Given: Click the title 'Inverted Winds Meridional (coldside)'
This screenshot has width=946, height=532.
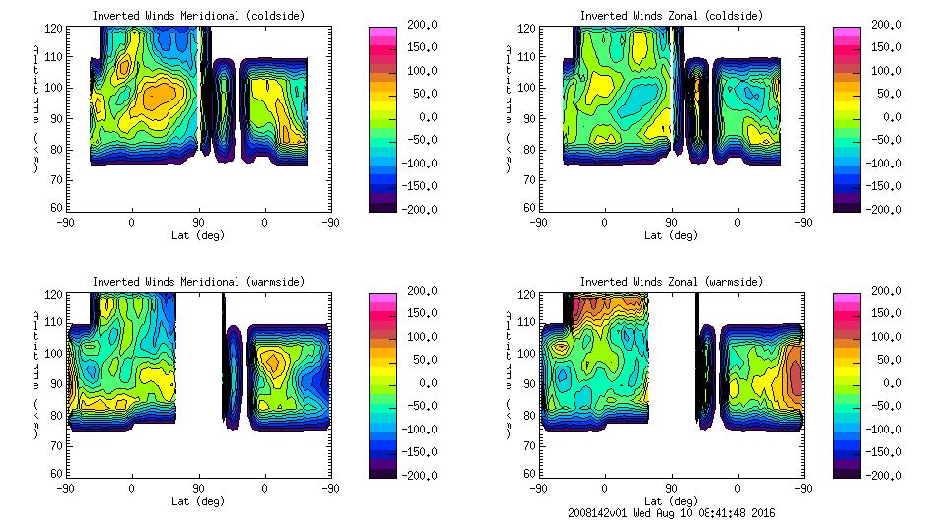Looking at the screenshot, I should pyautogui.click(x=198, y=16).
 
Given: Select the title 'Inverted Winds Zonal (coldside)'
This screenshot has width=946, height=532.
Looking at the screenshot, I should pyautogui.click(x=670, y=16).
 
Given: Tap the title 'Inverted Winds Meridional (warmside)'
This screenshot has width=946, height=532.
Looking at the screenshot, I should pyautogui.click(x=198, y=282).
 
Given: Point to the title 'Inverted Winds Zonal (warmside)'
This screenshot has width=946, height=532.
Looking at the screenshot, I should pyautogui.click(x=670, y=282).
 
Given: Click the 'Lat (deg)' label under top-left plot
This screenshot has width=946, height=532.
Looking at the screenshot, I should pyautogui.click(x=198, y=235).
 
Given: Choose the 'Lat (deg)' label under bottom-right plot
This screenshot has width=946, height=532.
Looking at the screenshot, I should pyautogui.click(x=670, y=501).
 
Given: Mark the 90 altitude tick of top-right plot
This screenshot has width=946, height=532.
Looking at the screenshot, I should pyautogui.click(x=530, y=117).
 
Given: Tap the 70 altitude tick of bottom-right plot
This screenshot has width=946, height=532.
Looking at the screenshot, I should pyautogui.click(x=530, y=445).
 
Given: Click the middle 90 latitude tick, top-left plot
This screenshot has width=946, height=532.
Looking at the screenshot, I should pyautogui.click(x=198, y=223).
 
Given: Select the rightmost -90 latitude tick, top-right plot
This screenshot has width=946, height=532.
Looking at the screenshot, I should pyautogui.click(x=804, y=223).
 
